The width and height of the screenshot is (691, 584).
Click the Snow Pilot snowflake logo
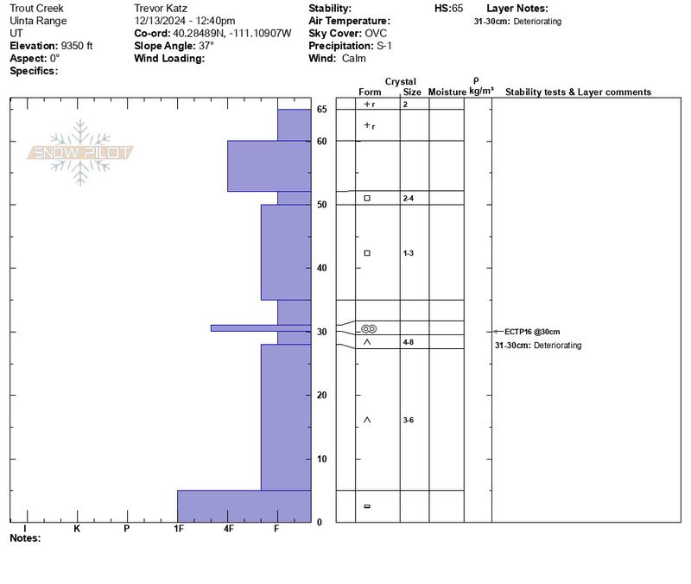point(80,153)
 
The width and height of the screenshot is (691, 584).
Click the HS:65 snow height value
point(449,8)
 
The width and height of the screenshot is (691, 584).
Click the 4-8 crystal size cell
point(409,342)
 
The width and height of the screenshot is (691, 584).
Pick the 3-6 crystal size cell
point(409,420)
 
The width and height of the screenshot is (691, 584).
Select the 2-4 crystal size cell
point(409,199)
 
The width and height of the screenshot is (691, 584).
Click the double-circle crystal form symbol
point(369,329)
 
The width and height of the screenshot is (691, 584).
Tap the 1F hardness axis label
point(179,528)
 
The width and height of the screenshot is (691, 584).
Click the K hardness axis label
point(77,528)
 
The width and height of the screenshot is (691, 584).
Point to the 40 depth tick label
point(320,268)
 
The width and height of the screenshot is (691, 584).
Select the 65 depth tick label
point(320,110)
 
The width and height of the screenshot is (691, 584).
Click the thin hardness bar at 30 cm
point(260,327)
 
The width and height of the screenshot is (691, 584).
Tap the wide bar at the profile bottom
point(244,505)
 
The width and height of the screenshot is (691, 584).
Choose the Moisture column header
point(447,92)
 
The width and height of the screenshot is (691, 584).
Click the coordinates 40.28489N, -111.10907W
point(225,33)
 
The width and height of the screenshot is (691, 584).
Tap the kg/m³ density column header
point(481,91)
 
